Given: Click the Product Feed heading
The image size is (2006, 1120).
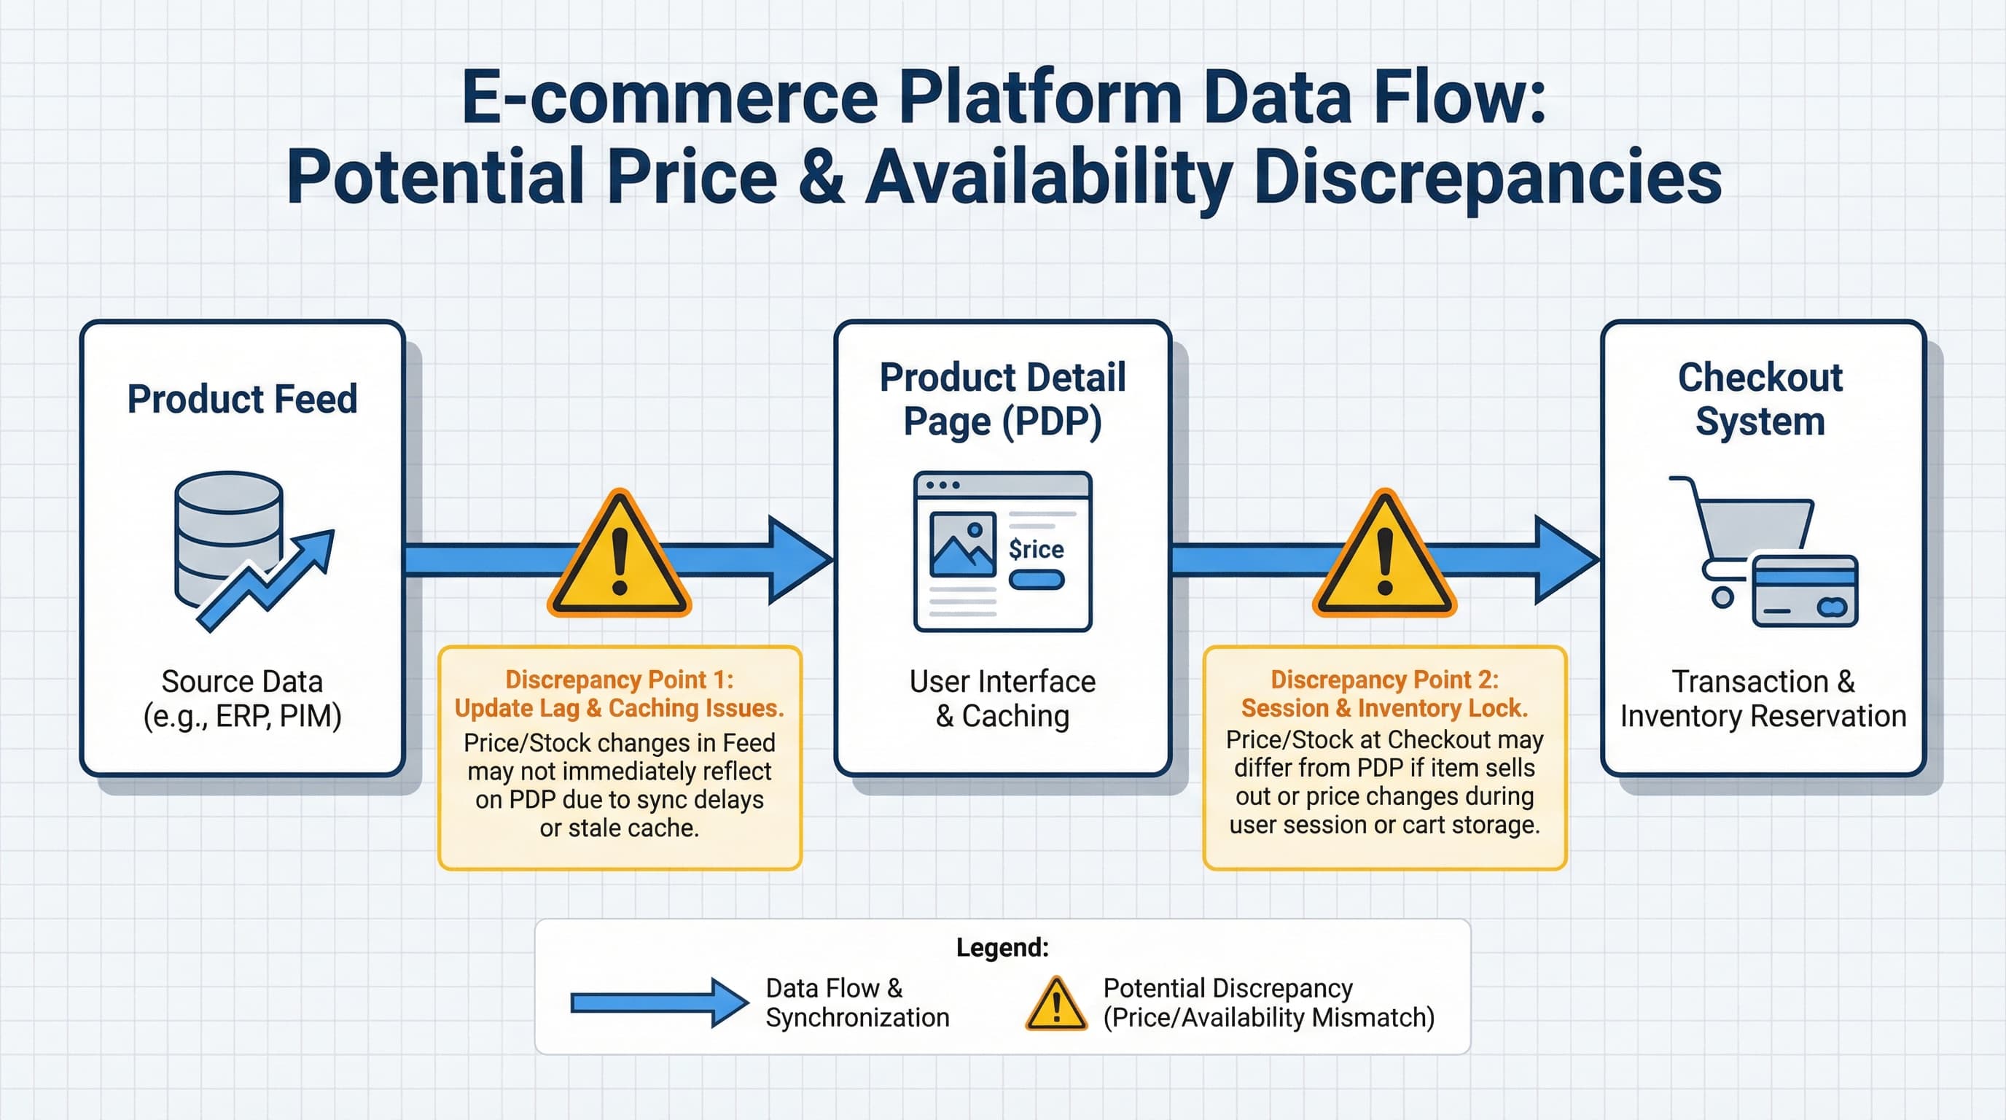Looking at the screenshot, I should click(x=242, y=399).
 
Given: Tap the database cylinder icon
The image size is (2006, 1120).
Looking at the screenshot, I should click(x=227, y=537).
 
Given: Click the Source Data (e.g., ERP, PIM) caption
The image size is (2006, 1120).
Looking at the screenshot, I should click(x=242, y=699).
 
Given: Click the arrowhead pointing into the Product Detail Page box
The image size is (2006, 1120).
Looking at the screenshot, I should click(x=798, y=559).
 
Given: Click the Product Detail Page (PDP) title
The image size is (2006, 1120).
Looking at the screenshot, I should click(x=1002, y=399).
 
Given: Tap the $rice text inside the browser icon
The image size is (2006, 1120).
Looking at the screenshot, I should click(x=1036, y=549).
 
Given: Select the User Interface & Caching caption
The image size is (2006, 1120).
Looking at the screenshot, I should click(x=1002, y=699).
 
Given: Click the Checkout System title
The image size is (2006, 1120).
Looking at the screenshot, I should click(x=1760, y=399).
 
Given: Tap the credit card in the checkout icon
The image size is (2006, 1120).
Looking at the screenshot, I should click(x=1804, y=591).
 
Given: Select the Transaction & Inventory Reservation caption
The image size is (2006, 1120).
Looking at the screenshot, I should click(x=1763, y=699).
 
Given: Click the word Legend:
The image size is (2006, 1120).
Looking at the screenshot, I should click(x=1002, y=947).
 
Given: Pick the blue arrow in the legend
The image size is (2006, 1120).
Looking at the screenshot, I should click(x=658, y=1003).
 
